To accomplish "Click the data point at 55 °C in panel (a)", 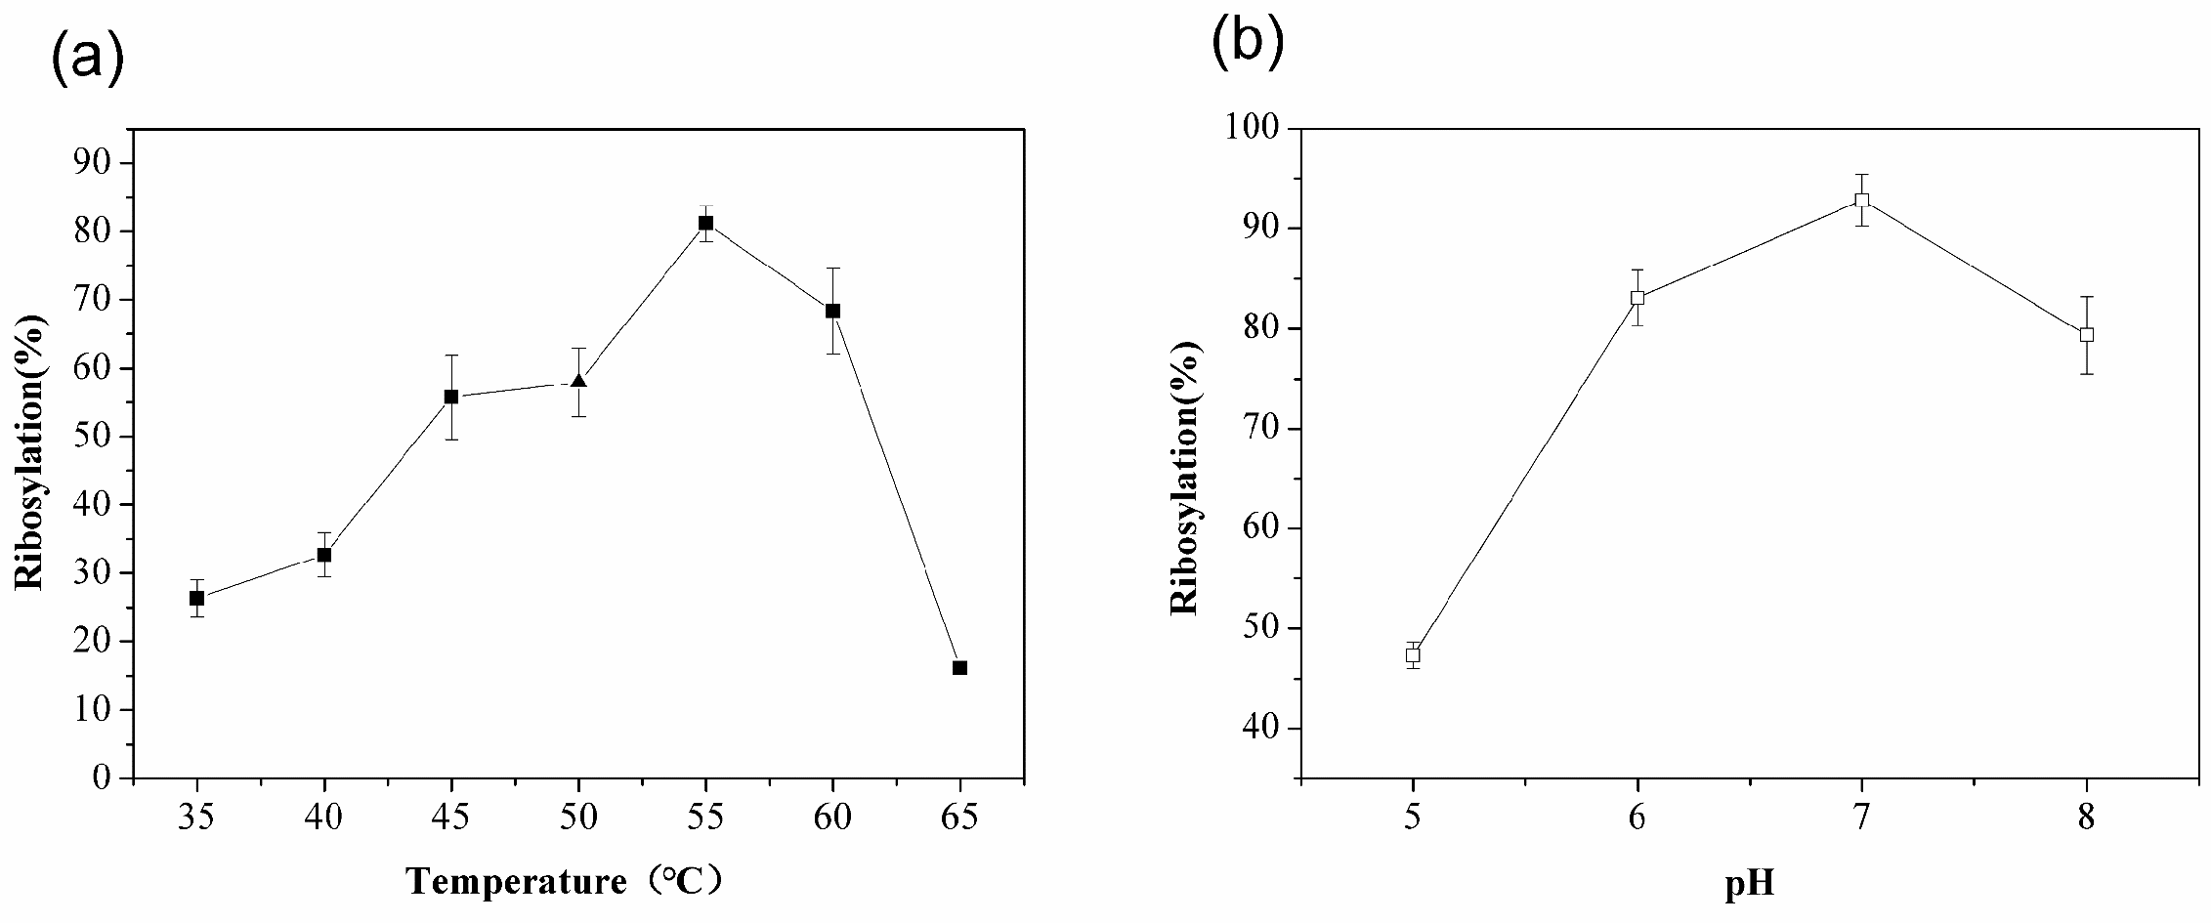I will (705, 223).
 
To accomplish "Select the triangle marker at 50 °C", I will (578, 380).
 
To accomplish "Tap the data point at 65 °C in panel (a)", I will (959, 668).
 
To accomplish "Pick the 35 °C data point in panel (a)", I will (197, 598).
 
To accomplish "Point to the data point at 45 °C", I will (451, 397).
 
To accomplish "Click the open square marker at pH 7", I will (1862, 200).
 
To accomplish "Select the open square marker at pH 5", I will (1413, 655).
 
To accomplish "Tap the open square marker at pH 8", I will (2087, 334).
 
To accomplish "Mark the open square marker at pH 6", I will (1637, 298).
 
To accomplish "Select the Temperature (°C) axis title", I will (565, 882).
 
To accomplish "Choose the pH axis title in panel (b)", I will (1750, 884).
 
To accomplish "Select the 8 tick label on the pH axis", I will (2087, 816).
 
